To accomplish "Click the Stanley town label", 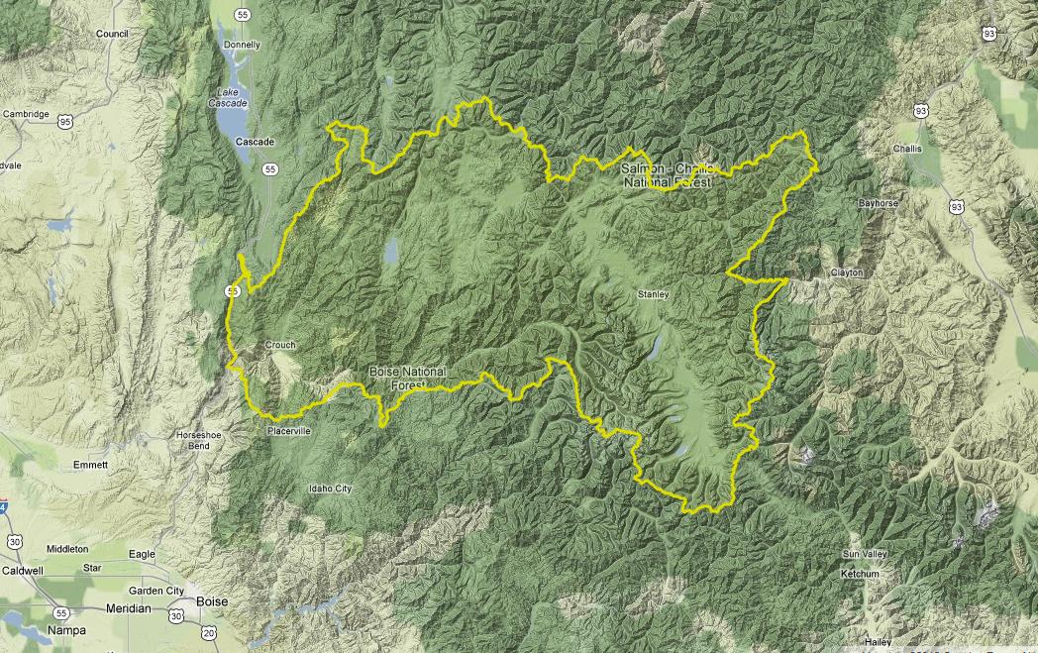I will tap(655, 294).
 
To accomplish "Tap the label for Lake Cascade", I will tap(230, 97).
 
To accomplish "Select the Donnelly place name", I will tap(242, 45).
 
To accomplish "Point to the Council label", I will tap(113, 33).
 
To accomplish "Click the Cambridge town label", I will tap(26, 114).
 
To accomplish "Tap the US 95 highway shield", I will tap(65, 121).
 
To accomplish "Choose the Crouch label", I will tap(280, 345).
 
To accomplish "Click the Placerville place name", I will tap(288, 431).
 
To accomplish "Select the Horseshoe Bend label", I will tap(192, 440).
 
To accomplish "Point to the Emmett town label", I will tap(91, 465).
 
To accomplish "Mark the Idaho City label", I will tap(330, 489).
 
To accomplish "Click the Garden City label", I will tap(161, 591).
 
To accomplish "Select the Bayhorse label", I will tap(879, 203).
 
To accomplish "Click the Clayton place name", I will tap(847, 272).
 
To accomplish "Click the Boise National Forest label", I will tap(407, 378).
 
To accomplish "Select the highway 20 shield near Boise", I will tap(208, 631).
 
